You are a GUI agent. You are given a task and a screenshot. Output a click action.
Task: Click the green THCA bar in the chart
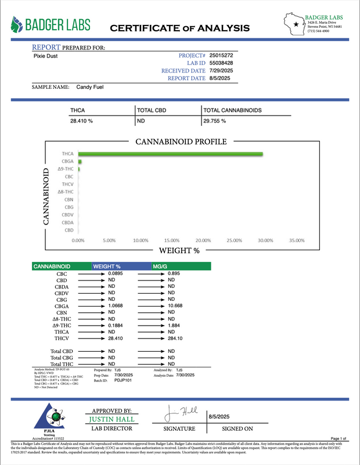pos(171,154)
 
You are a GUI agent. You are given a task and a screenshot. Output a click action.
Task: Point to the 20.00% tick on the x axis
pos(202,240)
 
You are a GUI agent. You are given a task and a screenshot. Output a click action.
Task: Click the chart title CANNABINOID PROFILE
pos(181,142)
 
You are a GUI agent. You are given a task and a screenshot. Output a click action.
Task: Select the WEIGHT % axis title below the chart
pos(179,251)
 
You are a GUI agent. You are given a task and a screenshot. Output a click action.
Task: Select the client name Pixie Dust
pos(45,56)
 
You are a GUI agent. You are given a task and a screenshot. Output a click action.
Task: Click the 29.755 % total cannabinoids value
pos(215,121)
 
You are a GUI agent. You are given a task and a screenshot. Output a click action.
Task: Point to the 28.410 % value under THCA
pos(82,121)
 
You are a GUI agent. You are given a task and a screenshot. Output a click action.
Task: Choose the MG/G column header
pos(160,265)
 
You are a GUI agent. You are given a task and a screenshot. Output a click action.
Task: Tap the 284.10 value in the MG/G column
pos(176,338)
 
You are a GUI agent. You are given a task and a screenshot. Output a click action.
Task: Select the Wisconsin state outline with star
pos(297,25)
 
